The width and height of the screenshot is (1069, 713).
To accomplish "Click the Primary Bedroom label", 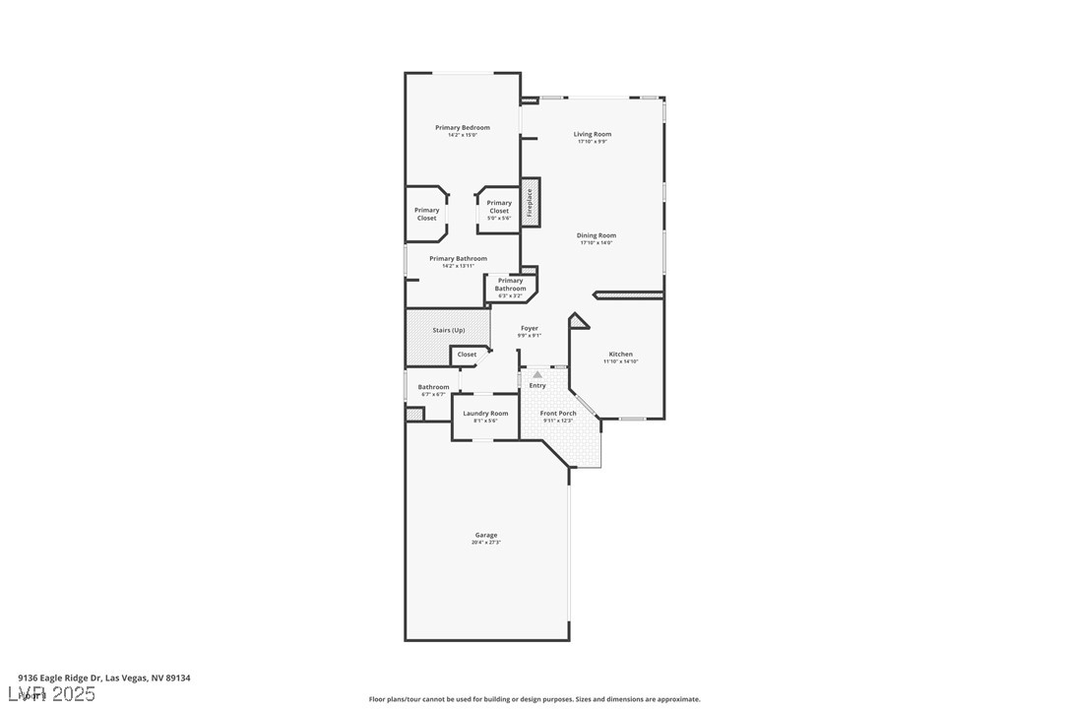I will click(x=462, y=127).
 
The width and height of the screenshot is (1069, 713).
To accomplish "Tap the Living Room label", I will click(x=593, y=134).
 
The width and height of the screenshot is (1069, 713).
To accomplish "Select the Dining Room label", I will click(x=596, y=235).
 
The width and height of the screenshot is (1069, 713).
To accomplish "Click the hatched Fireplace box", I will click(x=531, y=202).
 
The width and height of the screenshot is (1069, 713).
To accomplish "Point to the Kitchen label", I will click(x=620, y=354).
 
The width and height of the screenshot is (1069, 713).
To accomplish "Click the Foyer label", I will click(x=530, y=328).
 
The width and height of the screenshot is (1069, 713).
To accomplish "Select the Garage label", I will click(x=486, y=535).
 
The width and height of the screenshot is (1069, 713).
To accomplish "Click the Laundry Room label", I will click(x=485, y=414).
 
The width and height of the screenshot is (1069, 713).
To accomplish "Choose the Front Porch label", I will click(x=558, y=414).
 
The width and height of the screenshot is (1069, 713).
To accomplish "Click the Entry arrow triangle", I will click(x=537, y=375).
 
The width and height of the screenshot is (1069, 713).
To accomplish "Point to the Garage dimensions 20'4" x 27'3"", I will click(x=486, y=543).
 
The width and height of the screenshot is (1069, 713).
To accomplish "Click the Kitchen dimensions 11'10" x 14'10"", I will click(x=620, y=361).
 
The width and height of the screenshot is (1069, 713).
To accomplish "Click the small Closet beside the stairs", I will click(x=467, y=355).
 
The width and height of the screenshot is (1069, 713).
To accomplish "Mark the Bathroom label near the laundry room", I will click(x=433, y=387).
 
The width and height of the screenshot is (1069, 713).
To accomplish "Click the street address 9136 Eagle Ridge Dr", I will click(x=103, y=678).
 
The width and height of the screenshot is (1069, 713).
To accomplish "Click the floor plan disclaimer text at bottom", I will click(x=534, y=699).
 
